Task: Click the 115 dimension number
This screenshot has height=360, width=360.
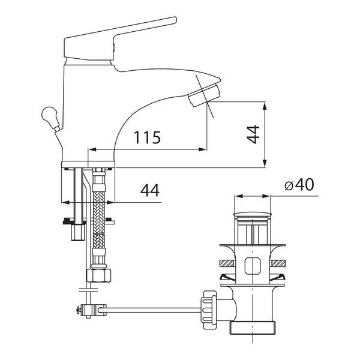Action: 147,137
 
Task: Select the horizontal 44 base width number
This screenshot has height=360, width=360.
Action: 150,190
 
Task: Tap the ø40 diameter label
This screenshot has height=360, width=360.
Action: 299,185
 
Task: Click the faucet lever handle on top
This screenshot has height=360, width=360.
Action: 119,39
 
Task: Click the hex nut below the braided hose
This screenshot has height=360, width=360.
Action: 99,275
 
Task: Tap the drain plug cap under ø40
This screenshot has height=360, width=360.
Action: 253,215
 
